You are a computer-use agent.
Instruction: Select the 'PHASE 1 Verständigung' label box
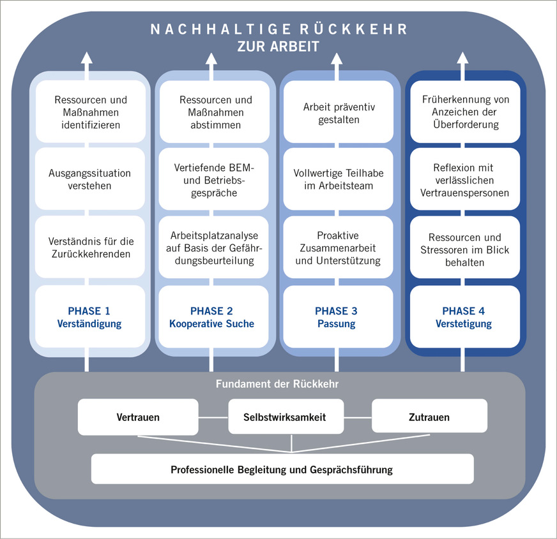(89, 317)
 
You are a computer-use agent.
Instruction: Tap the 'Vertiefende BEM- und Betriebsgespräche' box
(214, 179)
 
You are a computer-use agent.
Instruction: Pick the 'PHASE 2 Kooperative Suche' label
(212, 317)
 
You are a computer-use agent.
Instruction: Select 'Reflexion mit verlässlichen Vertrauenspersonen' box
(466, 179)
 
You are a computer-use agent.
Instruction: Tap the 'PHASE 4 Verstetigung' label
(464, 317)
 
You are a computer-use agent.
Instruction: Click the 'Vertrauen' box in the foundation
(138, 418)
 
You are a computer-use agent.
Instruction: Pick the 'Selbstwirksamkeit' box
(285, 418)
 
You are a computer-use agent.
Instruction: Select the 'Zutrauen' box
(430, 418)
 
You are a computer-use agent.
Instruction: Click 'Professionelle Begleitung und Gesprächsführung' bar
(282, 469)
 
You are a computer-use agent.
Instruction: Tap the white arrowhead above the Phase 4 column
(461, 57)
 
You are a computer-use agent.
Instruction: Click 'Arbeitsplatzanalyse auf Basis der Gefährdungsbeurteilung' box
(214, 247)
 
